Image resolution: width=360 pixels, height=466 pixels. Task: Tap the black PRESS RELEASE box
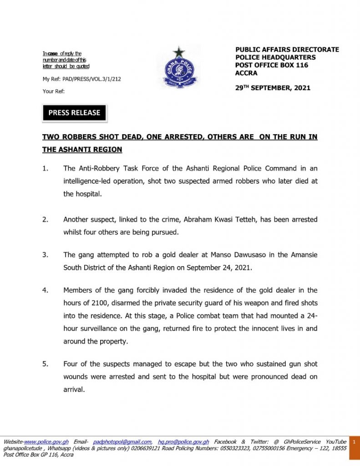(x=74, y=113)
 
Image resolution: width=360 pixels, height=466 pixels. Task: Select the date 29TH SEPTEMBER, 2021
(x=273, y=87)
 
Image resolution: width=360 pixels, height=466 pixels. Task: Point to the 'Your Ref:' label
(x=54, y=91)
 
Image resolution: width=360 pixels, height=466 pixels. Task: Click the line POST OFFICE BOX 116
(x=272, y=65)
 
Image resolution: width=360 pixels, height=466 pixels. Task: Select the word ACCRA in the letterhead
(x=246, y=73)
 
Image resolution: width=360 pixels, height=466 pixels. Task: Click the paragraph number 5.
(x=45, y=365)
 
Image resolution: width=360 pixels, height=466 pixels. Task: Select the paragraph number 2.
(x=45, y=220)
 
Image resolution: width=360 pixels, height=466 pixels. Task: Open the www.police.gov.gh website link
(x=46, y=442)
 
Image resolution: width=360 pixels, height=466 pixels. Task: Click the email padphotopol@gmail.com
(x=122, y=442)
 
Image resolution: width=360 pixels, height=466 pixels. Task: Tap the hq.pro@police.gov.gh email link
(x=183, y=442)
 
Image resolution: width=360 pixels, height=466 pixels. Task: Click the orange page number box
(x=354, y=448)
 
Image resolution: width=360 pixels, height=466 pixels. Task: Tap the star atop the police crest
(x=179, y=52)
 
